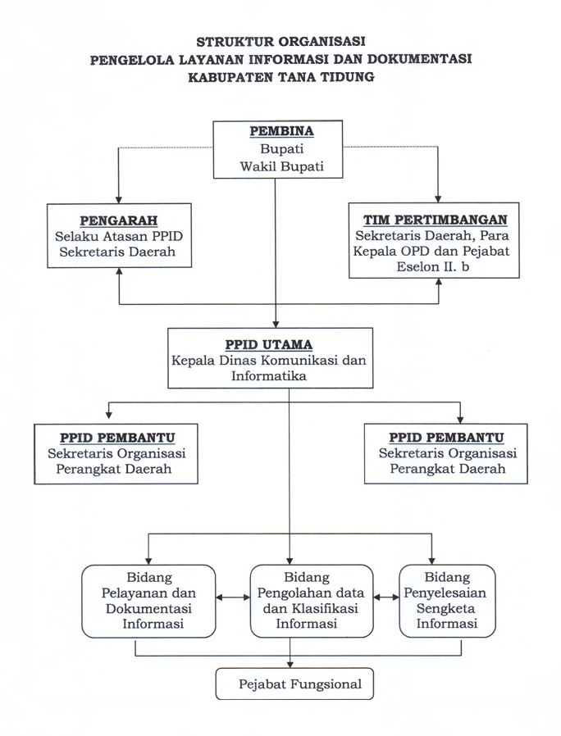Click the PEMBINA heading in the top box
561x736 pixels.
coord(281,131)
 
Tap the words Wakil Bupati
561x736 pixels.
coord(281,166)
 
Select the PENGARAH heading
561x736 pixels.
coord(118,220)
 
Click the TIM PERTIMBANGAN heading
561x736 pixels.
coord(435,220)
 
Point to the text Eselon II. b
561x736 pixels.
coord(433,266)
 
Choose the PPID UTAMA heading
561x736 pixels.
coord(268,344)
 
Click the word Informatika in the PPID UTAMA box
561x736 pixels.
coord(269,375)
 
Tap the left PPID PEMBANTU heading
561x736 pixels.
coord(117,438)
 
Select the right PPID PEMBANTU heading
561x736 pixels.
coord(446,438)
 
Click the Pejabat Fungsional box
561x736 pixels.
coord(294,684)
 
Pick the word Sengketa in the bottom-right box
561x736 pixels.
coord(445,608)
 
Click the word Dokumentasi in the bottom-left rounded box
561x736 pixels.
coord(148,608)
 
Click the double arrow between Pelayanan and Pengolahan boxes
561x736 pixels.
coord(233,597)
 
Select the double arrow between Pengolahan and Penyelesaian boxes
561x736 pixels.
coord(386,597)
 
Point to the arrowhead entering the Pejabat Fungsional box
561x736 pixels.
coord(290,665)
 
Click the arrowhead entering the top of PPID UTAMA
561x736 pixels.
coord(276,324)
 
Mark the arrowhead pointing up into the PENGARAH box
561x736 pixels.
coord(120,272)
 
